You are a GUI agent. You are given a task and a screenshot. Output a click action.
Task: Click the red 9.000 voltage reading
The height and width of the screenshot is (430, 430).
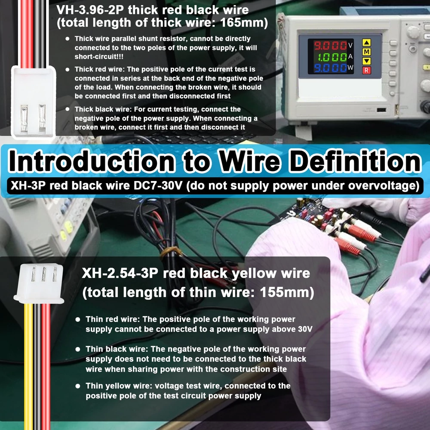330,46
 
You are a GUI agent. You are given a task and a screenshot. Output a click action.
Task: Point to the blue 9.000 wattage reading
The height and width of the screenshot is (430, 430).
330,68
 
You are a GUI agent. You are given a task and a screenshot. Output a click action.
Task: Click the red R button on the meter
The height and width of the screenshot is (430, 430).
367,71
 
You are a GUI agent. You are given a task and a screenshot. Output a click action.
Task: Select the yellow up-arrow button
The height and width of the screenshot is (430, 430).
367,43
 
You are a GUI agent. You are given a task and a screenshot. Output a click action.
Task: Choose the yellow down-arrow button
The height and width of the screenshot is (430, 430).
367,61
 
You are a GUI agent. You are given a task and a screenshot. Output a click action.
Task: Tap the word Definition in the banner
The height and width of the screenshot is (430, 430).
355,161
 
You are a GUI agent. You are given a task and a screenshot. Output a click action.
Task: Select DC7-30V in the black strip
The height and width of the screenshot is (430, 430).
158,186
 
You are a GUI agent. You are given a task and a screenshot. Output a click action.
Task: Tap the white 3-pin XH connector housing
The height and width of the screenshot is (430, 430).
39,284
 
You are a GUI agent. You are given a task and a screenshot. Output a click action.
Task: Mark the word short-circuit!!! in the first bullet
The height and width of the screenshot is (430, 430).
99,57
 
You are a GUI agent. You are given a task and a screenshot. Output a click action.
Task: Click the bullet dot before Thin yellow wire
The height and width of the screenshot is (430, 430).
78,386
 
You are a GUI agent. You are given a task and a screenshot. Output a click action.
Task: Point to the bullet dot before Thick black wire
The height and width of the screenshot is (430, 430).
68,109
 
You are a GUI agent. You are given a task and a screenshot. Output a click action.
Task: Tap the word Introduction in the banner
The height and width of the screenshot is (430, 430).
92,161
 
